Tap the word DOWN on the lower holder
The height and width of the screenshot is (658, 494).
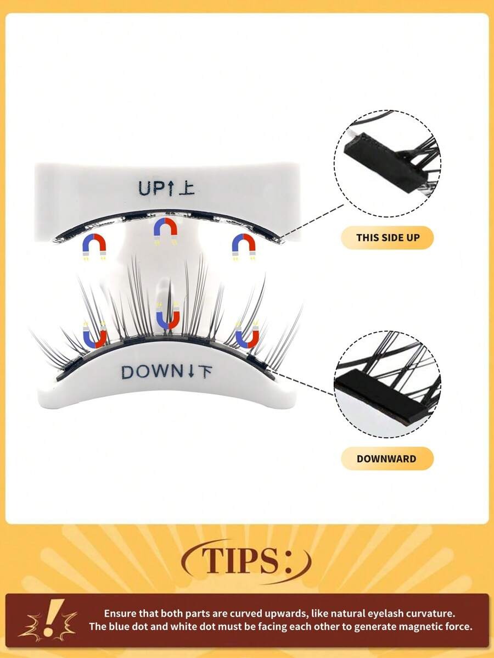coord(153,372)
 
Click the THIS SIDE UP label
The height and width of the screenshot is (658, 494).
coord(388,237)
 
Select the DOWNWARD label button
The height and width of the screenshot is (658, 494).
coord(386,459)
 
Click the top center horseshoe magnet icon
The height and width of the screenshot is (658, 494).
coord(166,231)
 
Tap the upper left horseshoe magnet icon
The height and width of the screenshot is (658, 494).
coord(94,247)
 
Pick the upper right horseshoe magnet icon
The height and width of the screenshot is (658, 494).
coord(244,247)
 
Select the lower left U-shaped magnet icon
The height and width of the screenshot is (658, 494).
coord(94,335)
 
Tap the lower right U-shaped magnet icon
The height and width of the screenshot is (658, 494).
coord(247,335)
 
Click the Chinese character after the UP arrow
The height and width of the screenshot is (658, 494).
coord(187,188)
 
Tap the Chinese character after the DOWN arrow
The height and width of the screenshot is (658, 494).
coord(204,372)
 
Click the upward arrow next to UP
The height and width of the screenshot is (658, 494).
coord(171,188)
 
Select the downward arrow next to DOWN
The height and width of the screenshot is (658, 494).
coord(190,372)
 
